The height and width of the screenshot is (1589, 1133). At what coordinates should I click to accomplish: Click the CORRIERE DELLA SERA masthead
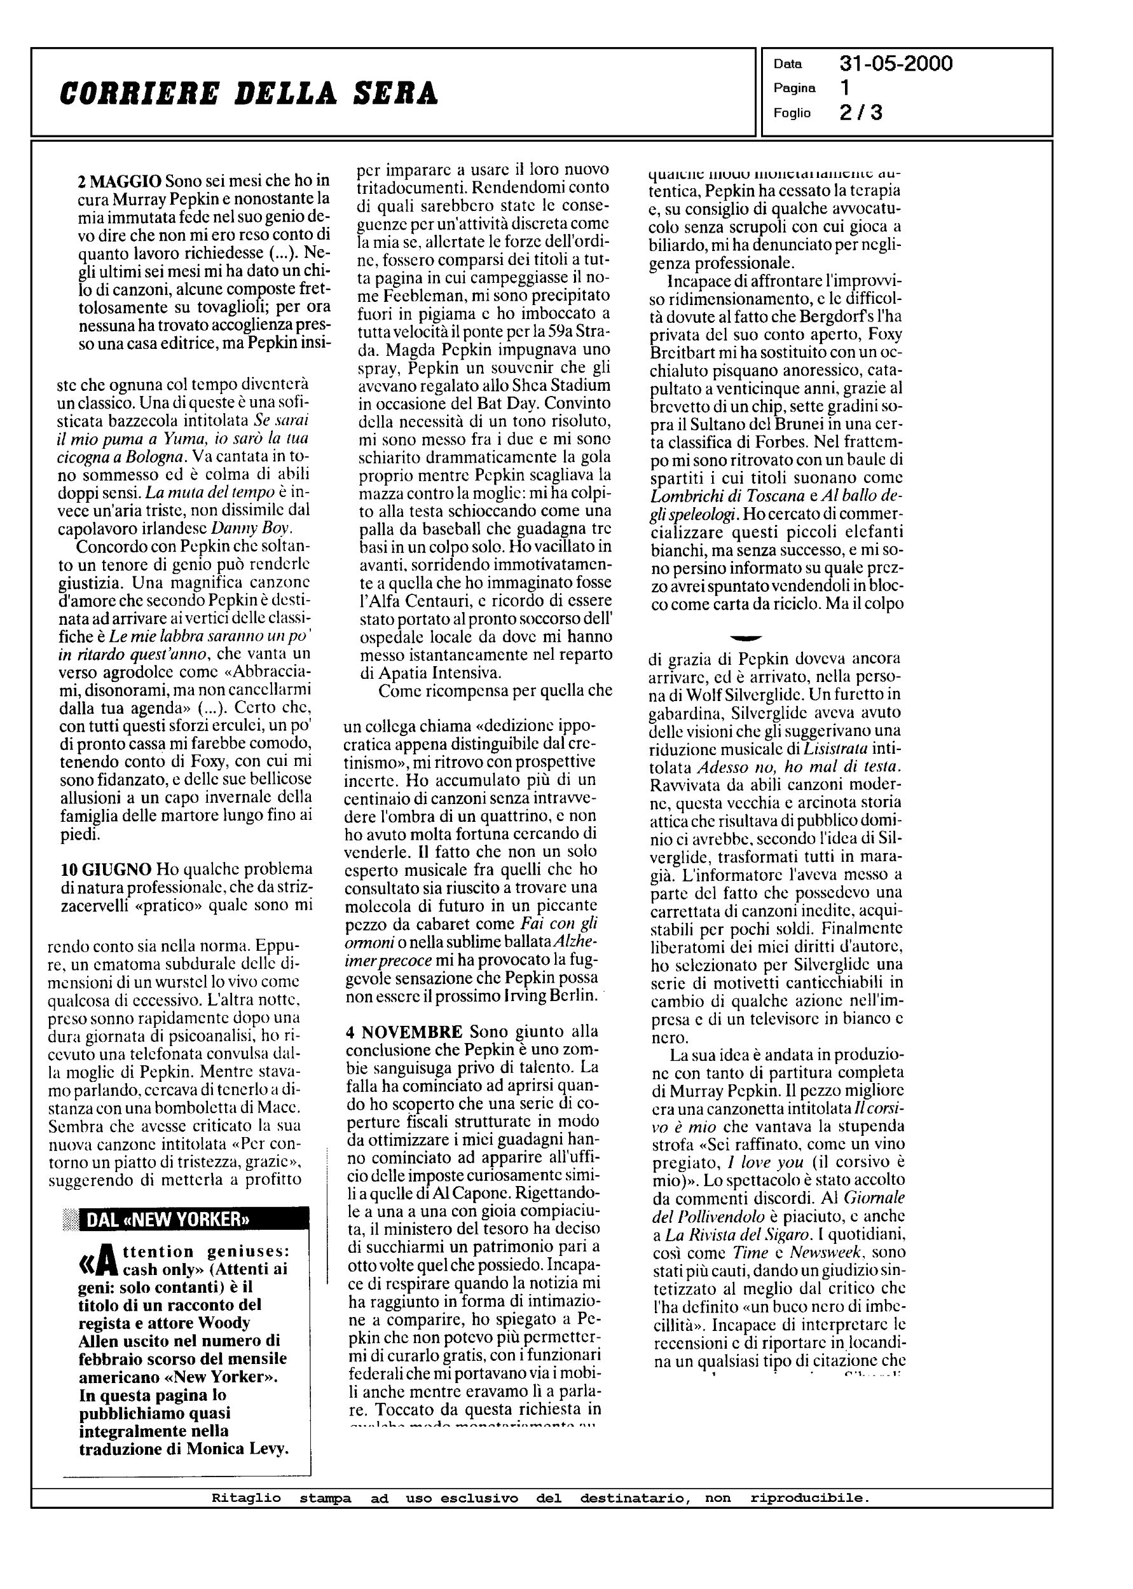coord(249,93)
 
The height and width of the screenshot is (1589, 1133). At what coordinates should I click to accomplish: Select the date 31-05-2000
coord(896,64)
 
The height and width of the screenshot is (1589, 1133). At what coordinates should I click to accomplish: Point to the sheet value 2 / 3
coord(861,113)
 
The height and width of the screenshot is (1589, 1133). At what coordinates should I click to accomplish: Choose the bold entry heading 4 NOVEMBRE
coord(404,1031)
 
